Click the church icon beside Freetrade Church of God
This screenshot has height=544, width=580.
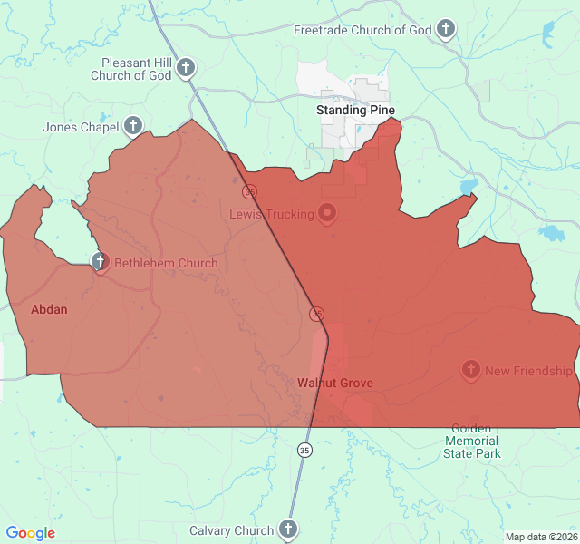tap(445, 30)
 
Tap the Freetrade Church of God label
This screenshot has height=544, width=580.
tap(362, 30)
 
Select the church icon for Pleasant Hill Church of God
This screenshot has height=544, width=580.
tap(186, 67)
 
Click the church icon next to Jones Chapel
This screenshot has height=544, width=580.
tap(133, 126)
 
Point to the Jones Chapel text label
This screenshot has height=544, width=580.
tap(81, 127)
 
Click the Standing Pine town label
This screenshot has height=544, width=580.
tap(355, 110)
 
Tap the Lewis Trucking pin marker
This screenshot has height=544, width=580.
tap(327, 214)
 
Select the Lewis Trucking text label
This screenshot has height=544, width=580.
tap(271, 215)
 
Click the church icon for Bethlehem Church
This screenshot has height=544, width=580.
tap(100, 263)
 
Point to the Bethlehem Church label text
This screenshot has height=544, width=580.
tap(166, 264)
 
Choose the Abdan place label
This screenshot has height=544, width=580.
tap(49, 309)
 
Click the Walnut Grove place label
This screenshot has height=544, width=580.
tap(335, 383)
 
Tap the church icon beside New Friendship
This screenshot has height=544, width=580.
tap(470, 370)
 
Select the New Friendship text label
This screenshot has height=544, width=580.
tap(529, 371)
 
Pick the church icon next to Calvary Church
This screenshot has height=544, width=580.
tap(288, 529)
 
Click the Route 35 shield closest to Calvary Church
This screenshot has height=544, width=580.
tap(304, 449)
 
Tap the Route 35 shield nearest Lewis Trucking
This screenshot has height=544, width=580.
tap(249, 191)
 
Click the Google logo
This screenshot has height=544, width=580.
tap(31, 533)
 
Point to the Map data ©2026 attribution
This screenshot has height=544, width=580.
tap(542, 537)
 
